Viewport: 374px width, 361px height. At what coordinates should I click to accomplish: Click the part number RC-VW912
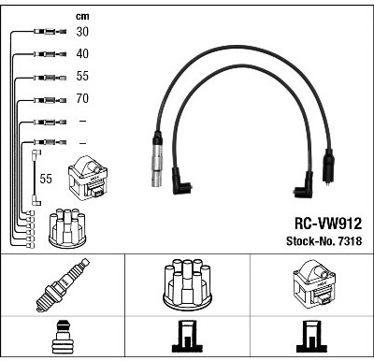[x=328, y=224]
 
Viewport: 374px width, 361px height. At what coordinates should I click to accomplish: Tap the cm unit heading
[x=82, y=17]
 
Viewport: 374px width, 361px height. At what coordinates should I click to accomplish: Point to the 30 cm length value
[x=82, y=32]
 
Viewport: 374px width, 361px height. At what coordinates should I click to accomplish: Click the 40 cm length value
[x=82, y=53]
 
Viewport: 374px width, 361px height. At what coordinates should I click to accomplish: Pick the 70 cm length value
[x=82, y=98]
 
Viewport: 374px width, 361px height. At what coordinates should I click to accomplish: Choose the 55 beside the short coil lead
[x=46, y=179]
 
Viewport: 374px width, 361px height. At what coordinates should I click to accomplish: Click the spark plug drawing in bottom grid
[x=63, y=284]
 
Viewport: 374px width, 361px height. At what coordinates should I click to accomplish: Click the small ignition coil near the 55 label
[x=88, y=179]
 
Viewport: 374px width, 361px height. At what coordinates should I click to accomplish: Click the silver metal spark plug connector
[x=157, y=159]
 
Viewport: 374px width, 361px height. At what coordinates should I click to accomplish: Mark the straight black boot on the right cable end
[x=327, y=166]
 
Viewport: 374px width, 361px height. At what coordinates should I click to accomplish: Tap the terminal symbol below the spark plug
[x=63, y=338]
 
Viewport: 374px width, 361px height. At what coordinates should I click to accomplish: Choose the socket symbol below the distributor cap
[x=187, y=337]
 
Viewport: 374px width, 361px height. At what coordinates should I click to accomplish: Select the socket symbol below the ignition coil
[x=312, y=337]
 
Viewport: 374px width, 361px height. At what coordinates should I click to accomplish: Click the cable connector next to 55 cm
[x=50, y=78]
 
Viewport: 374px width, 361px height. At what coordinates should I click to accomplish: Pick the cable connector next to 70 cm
[x=50, y=100]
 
